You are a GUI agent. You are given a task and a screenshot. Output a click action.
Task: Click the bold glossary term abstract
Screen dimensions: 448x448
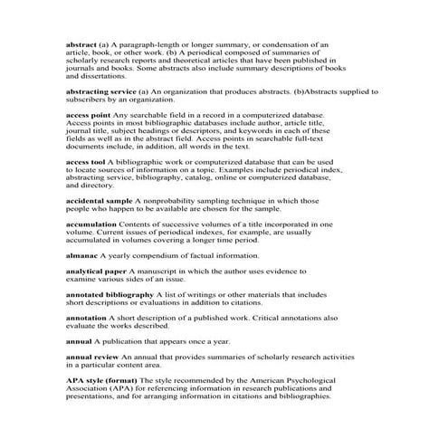point(81,43)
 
